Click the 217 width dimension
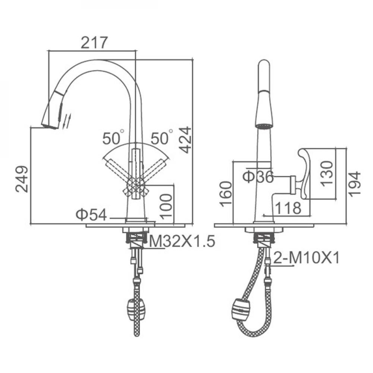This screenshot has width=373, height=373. point(94,43)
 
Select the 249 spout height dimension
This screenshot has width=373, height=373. point(22,179)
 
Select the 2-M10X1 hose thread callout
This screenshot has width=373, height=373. point(307,258)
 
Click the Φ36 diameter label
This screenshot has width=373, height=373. point(258,176)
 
